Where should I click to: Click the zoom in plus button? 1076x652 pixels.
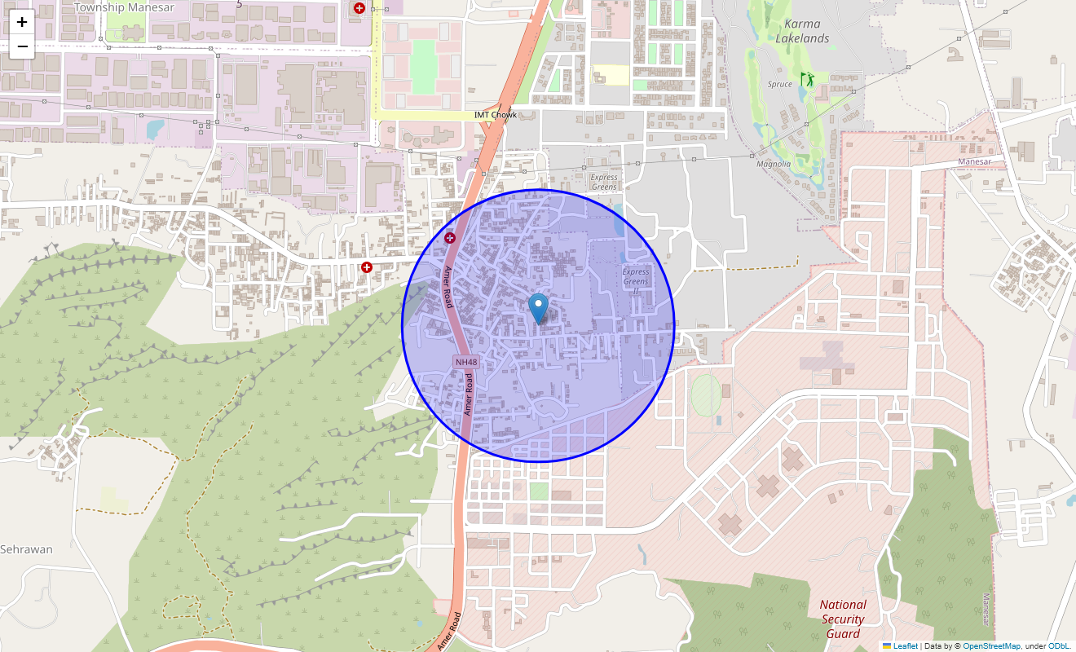point(22,22)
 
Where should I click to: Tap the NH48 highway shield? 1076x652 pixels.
point(465,362)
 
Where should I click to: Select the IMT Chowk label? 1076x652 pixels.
point(496,116)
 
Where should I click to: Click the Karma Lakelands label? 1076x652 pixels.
point(802,31)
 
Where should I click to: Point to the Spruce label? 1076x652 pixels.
point(780,84)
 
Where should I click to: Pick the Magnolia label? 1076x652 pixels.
point(774,164)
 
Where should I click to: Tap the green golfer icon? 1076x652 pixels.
point(807,79)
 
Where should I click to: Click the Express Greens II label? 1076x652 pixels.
point(636,281)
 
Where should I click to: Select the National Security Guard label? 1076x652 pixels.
point(843,619)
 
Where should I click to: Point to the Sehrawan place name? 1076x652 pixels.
point(26,549)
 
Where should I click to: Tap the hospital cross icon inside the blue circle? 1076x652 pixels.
point(449,238)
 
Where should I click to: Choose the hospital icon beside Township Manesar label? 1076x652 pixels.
point(359,8)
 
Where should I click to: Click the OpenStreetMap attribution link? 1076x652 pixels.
point(991,646)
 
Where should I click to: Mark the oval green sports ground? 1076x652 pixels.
point(706,395)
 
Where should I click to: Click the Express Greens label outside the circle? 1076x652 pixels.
point(604,182)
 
